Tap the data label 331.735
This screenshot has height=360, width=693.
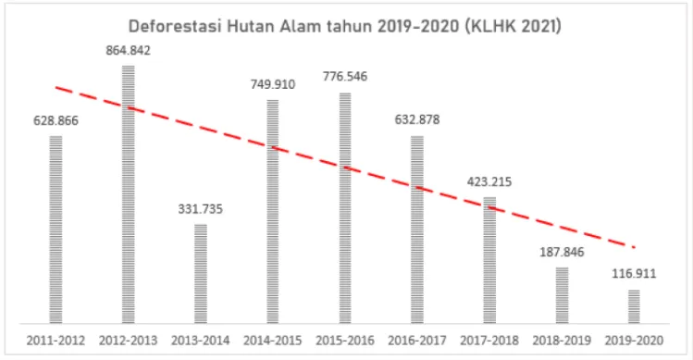[201, 209]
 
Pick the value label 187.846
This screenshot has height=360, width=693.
[562, 252]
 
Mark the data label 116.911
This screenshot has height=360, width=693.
[634, 275]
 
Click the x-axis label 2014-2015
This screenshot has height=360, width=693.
[273, 339]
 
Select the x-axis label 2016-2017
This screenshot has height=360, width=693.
[417, 339]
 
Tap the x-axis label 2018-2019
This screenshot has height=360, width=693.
[562, 339]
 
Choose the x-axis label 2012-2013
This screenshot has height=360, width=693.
[129, 339]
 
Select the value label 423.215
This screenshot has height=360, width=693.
[489, 181]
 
